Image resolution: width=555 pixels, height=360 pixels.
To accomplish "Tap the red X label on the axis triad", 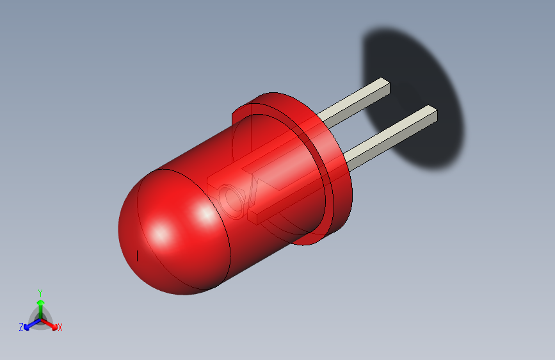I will pyautogui.click(x=60, y=328).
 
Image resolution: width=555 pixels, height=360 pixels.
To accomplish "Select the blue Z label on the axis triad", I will pyautogui.click(x=21, y=327).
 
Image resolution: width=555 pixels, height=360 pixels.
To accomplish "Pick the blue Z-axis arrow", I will pyautogui.click(x=29, y=323).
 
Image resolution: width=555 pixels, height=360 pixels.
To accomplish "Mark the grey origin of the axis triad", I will pyautogui.click(x=40, y=318).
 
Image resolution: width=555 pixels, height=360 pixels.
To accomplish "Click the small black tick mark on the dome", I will pyautogui.click(x=138, y=256).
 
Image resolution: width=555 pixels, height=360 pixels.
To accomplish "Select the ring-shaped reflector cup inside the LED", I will pyautogui.click(x=232, y=200).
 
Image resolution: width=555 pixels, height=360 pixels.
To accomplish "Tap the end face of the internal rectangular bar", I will pyautogui.click(x=253, y=218).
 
